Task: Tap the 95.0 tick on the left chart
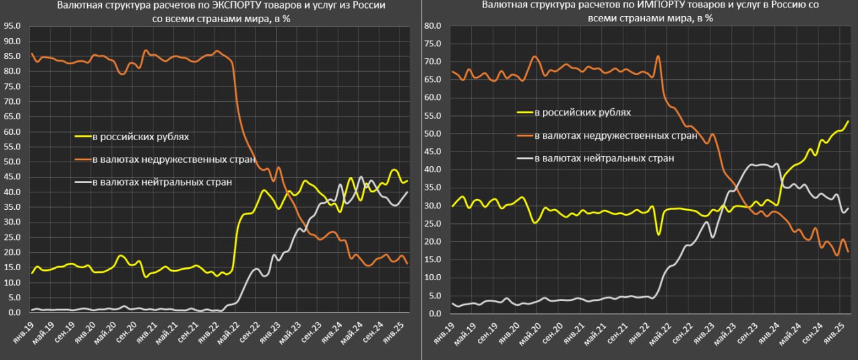click(11, 26)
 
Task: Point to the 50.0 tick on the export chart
click(11, 162)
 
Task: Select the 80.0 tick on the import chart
click(432, 26)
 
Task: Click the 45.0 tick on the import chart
click(432, 152)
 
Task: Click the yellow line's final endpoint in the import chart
click(849, 121)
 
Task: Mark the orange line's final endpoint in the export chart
click(408, 264)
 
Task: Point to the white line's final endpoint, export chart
click(408, 192)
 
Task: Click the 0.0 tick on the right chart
click(434, 313)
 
